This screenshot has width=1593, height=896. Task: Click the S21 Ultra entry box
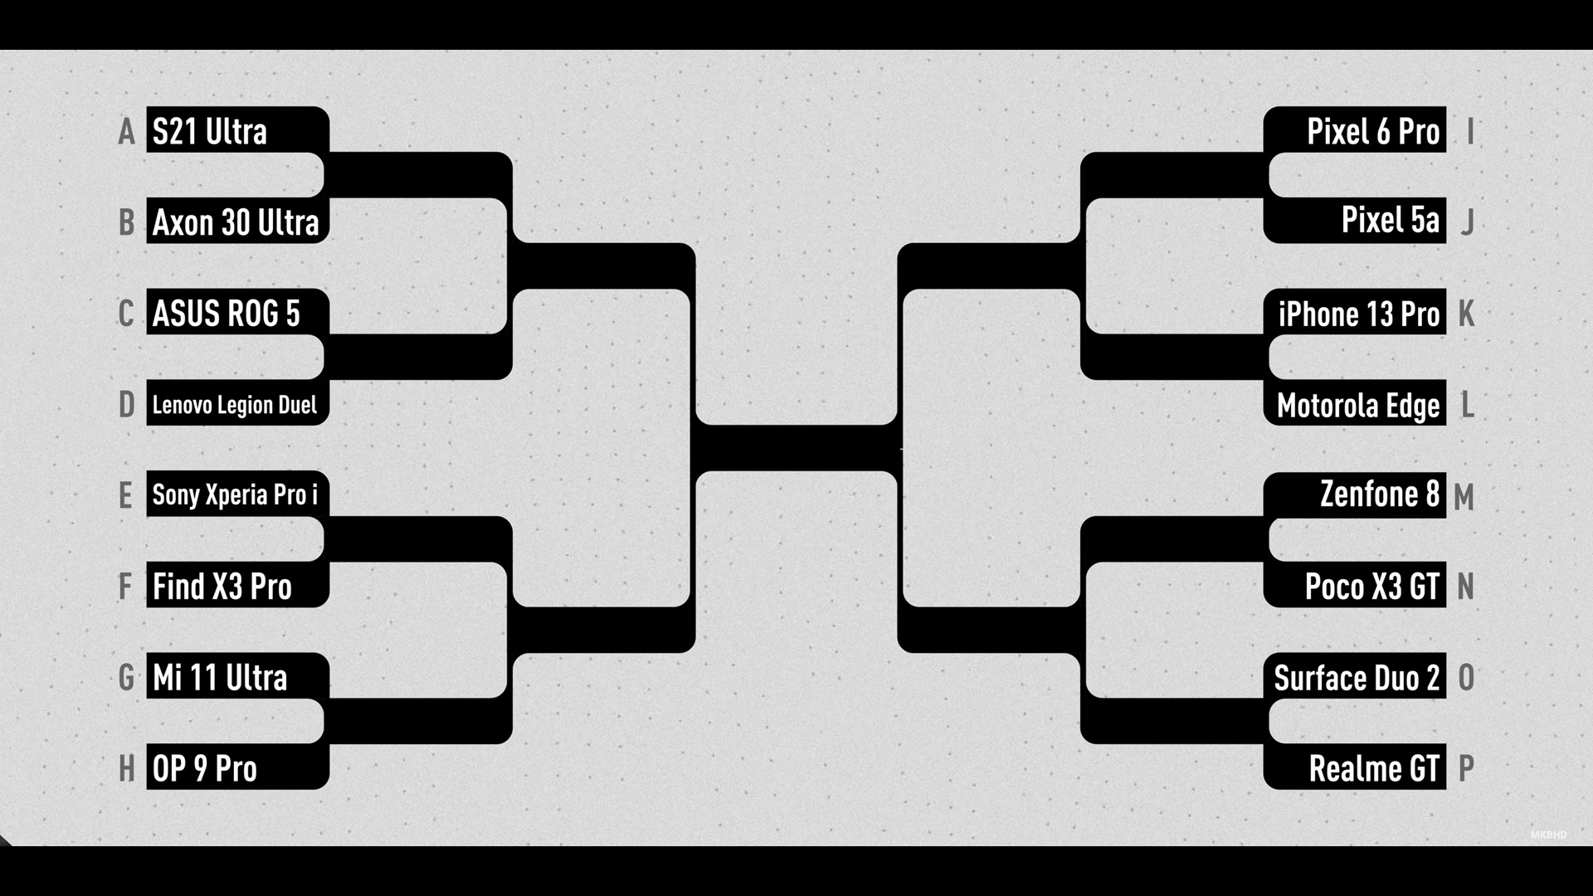pyautogui.click(x=237, y=129)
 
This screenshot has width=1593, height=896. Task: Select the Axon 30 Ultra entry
pyautogui.click(x=237, y=221)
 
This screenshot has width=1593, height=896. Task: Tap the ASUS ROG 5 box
pyautogui.click(x=237, y=312)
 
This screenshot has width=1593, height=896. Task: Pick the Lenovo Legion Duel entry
pyautogui.click(x=237, y=403)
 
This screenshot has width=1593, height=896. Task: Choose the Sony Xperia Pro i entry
pyautogui.click(x=237, y=494)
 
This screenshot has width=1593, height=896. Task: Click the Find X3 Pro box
pyautogui.click(x=237, y=585)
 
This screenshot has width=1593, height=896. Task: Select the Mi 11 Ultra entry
pyautogui.click(x=237, y=676)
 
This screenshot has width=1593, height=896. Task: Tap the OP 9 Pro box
pyautogui.click(x=237, y=767)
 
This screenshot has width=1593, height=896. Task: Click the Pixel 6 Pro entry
pyautogui.click(x=1355, y=129)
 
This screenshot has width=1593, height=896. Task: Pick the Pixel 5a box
pyautogui.click(x=1355, y=221)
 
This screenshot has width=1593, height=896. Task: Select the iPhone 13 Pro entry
pyautogui.click(x=1355, y=312)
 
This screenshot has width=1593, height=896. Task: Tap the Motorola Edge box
pyautogui.click(x=1355, y=403)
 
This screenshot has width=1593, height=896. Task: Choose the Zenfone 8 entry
pyautogui.click(x=1355, y=495)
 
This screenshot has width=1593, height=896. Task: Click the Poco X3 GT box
pyautogui.click(x=1355, y=585)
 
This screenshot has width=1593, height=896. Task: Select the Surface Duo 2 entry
pyautogui.click(x=1355, y=676)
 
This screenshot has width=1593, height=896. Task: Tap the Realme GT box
pyautogui.click(x=1355, y=767)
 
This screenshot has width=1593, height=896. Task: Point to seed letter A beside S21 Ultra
pyautogui.click(x=126, y=132)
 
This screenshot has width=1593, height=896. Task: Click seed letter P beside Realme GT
pyautogui.click(x=1466, y=768)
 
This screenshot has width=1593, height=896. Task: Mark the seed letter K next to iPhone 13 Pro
pyautogui.click(x=1466, y=314)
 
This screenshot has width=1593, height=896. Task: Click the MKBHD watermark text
pyautogui.click(x=1548, y=835)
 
